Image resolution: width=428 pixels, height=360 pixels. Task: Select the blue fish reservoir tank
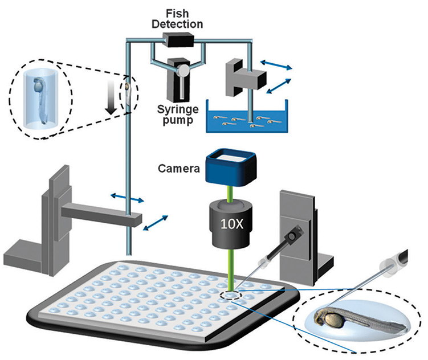click(x=247, y=119)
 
